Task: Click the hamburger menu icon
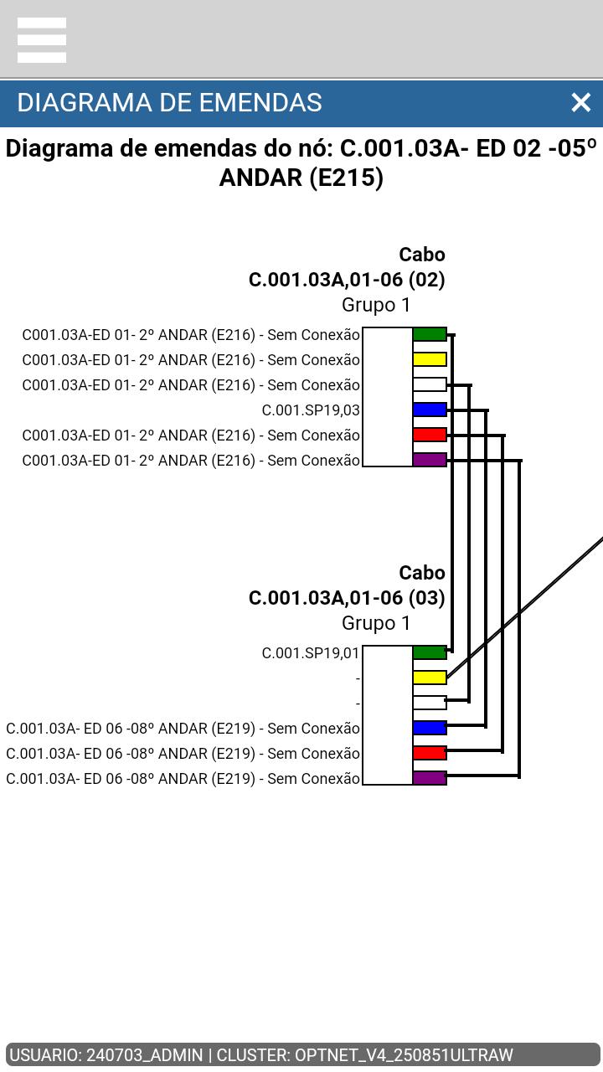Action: [42, 40]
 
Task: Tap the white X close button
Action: [581, 102]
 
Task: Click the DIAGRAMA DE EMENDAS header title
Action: [169, 103]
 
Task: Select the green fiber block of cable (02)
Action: [430, 334]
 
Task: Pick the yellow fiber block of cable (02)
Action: [430, 359]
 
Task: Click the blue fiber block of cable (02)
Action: [430, 410]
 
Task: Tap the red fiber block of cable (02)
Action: [430, 435]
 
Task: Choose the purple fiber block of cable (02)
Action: [430, 460]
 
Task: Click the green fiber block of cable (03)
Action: [430, 652]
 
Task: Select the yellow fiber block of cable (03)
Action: [430, 678]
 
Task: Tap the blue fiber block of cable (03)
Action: [430, 728]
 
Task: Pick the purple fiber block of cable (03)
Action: [430, 778]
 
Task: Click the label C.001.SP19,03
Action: [311, 410]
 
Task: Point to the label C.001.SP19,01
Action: [311, 652]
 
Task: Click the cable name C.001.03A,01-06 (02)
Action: [347, 280]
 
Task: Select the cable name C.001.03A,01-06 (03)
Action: [347, 598]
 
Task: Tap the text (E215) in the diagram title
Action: [347, 178]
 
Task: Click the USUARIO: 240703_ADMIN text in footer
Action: [106, 1054]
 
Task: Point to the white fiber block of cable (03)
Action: [430, 703]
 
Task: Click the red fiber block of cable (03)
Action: [430, 753]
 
